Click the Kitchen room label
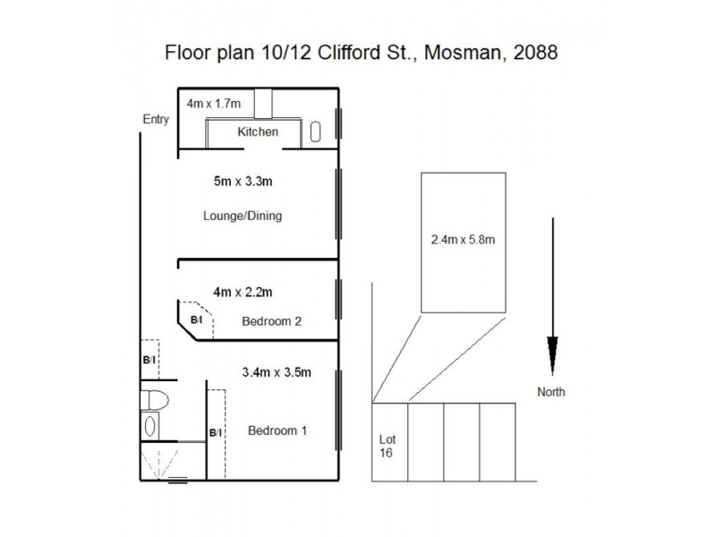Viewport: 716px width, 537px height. pos(258,132)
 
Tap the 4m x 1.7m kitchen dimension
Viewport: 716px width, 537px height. pos(214,104)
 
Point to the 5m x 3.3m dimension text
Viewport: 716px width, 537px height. pos(243,182)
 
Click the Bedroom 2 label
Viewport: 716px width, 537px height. pos(272,321)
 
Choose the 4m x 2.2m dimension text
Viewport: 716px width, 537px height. pos(243,291)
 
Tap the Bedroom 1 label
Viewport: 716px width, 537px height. pos(277,430)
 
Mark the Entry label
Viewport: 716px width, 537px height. pos(156,119)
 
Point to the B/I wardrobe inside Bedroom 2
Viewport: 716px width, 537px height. pos(196,319)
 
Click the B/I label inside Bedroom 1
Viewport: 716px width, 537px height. pos(215,433)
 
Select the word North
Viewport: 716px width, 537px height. pos(551,391)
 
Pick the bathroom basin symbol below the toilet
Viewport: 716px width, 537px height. pos(150,427)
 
